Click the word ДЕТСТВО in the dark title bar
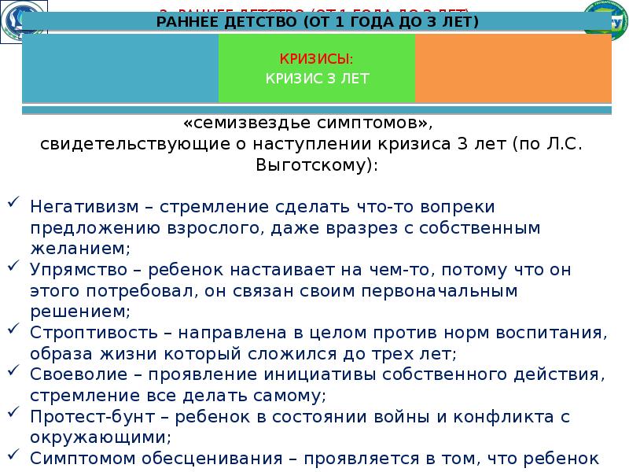(x=259, y=21)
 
